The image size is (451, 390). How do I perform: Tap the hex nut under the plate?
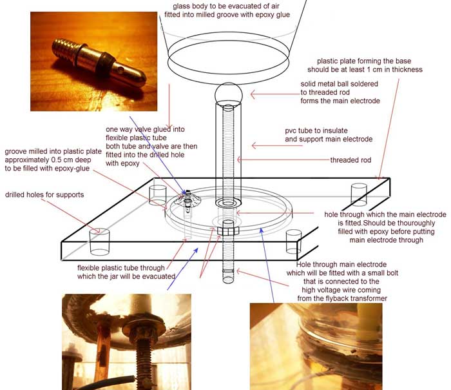228,231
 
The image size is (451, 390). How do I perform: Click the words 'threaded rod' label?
350,160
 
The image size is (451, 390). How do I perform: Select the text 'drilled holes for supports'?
44,195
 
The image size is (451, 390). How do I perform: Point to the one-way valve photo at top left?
94,61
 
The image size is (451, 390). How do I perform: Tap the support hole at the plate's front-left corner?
99,242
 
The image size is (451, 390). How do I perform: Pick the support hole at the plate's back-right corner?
359,195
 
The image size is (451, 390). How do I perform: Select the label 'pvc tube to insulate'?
316,130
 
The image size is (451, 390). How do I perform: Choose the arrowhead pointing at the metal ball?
253,94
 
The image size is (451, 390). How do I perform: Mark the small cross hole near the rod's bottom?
228,271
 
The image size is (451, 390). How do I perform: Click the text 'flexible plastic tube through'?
121,268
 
